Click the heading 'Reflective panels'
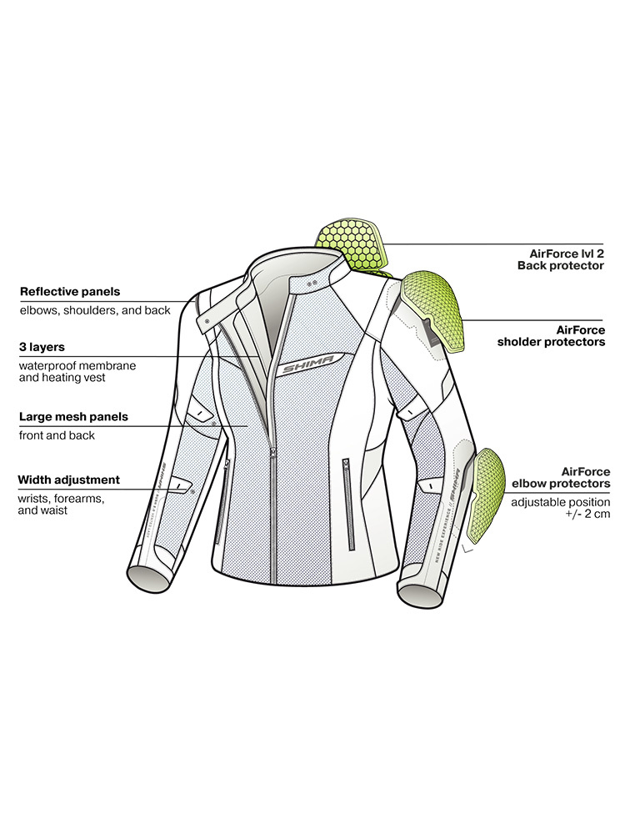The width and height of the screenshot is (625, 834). pyautogui.click(x=70, y=292)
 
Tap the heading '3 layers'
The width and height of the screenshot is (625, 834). pyautogui.click(x=42, y=346)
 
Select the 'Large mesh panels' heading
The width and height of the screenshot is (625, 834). pyautogui.click(x=73, y=416)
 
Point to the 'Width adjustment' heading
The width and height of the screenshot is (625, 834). pyautogui.click(x=69, y=480)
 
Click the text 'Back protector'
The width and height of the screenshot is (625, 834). pyautogui.click(x=560, y=265)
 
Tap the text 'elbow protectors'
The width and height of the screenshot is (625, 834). pyautogui.click(x=562, y=483)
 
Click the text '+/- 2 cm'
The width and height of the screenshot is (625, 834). pyautogui.click(x=585, y=516)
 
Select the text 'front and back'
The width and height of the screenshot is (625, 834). pyautogui.click(x=57, y=435)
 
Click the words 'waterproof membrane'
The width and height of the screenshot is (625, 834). pyautogui.click(x=77, y=365)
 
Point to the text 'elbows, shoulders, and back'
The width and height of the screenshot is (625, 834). pyautogui.click(x=95, y=310)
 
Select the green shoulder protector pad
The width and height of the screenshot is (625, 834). pyautogui.click(x=430, y=310)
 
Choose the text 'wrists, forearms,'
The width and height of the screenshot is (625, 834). pyautogui.click(x=60, y=499)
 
